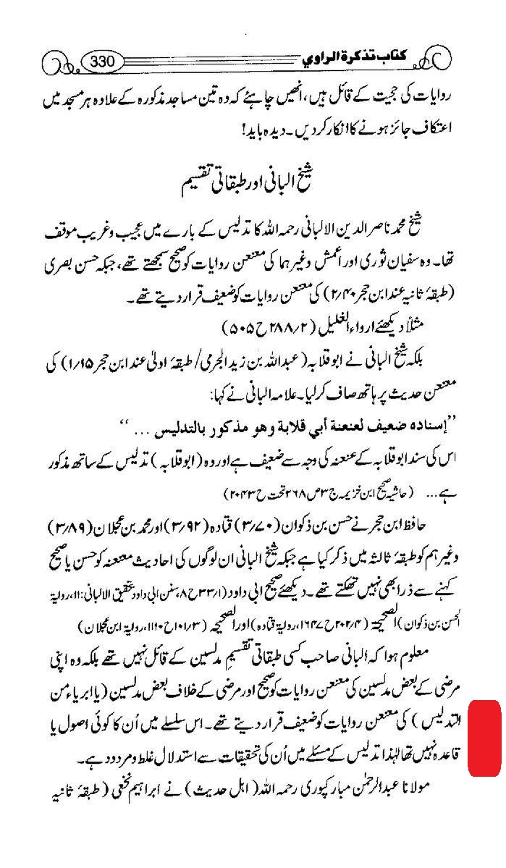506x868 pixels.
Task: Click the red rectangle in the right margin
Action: [x=484, y=738]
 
